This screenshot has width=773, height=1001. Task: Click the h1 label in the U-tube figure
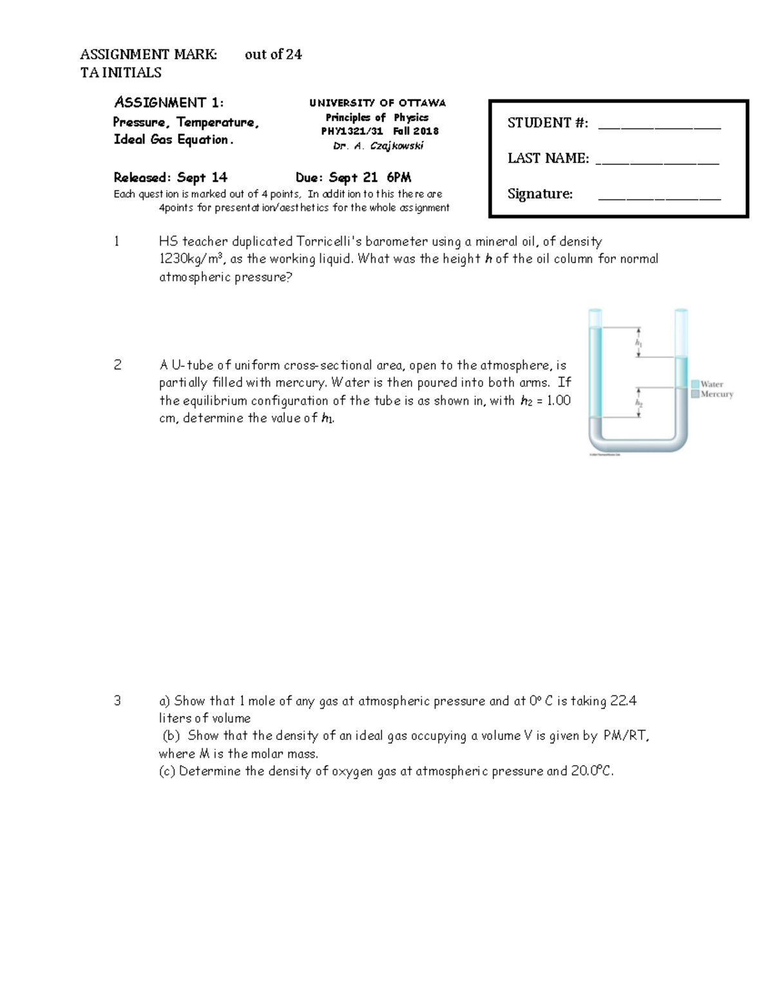(x=638, y=344)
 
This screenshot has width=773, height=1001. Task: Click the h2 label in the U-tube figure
(x=639, y=403)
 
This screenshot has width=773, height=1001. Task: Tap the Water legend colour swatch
(x=695, y=384)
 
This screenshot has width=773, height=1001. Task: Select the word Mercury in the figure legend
(x=717, y=394)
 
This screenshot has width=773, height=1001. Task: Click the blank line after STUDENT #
(x=659, y=126)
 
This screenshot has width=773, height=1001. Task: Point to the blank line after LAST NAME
(x=657, y=161)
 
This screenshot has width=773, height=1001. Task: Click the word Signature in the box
(x=539, y=194)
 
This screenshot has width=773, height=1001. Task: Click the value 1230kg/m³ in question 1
(x=191, y=259)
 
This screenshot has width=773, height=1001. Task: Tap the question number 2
(x=117, y=365)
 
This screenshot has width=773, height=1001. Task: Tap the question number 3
(x=117, y=701)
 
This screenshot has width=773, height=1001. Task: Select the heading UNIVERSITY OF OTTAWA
(x=377, y=103)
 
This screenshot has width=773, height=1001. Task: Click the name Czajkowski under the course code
(x=396, y=146)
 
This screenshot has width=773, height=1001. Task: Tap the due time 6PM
(x=399, y=178)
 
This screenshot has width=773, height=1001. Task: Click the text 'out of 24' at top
(x=273, y=55)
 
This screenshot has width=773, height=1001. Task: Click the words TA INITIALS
(x=120, y=73)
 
